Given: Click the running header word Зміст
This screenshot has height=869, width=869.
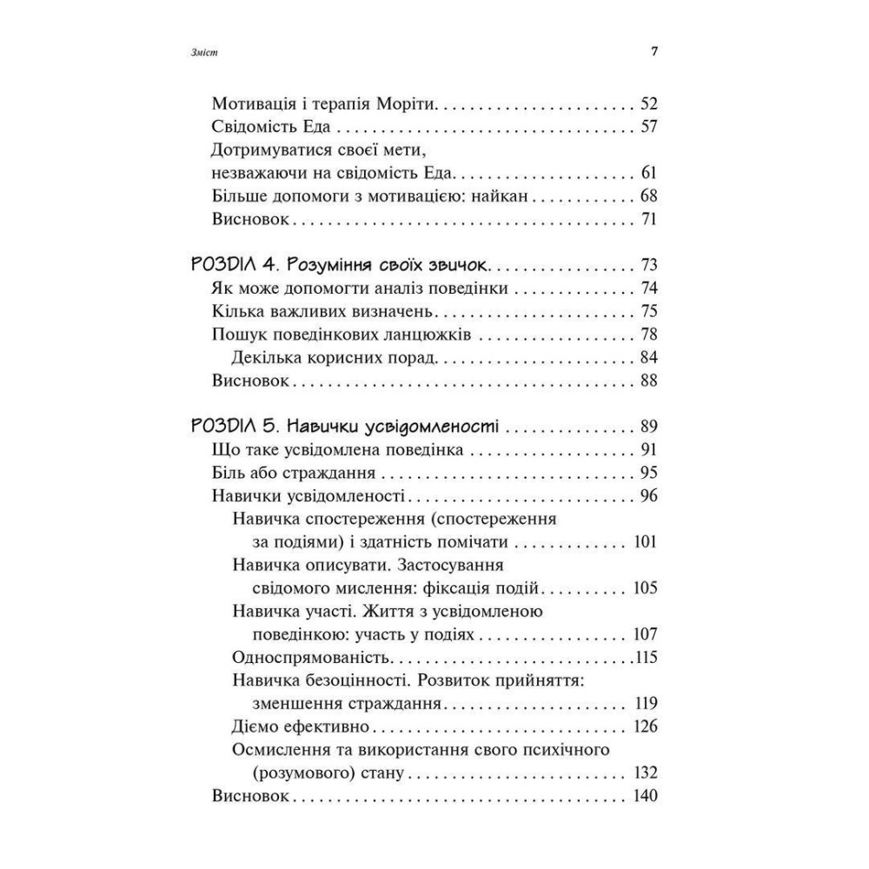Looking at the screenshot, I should tap(202, 52).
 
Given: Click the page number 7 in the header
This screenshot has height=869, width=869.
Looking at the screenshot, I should tap(654, 51).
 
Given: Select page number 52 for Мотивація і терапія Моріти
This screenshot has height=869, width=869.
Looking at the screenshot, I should tap(648, 104).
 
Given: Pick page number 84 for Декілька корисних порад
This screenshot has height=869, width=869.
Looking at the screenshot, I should tap(648, 357).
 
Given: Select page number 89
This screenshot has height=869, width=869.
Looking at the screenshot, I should tap(648, 427).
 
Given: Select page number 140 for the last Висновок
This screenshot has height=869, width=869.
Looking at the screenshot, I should tap(645, 795).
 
